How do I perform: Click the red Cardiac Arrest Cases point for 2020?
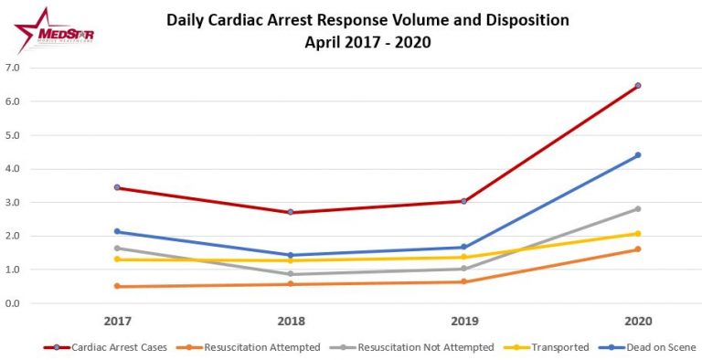tap(637, 86)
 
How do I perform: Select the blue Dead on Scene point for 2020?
tap(637, 155)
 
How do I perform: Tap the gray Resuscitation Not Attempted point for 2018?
tap(291, 274)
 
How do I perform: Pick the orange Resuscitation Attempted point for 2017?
tap(117, 286)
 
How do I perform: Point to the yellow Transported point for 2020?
tap(637, 234)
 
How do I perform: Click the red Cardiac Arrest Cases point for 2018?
tap(291, 212)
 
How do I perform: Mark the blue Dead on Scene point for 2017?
tap(117, 231)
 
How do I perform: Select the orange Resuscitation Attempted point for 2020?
tap(637, 249)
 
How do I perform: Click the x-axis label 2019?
tap(463, 321)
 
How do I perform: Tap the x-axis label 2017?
tap(117, 321)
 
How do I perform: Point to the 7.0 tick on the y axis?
tap(14, 68)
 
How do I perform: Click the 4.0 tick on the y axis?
tap(14, 169)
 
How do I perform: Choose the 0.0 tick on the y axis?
tap(14, 303)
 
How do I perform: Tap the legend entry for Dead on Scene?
tap(654, 346)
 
